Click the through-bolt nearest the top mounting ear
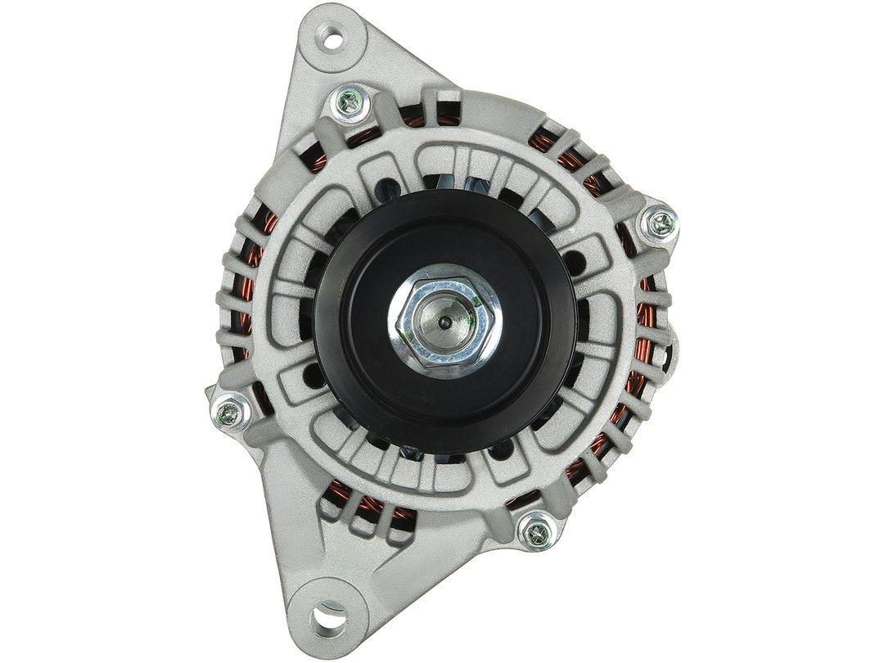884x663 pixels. tap(347, 103)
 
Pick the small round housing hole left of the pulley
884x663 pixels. tap(312, 377)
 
